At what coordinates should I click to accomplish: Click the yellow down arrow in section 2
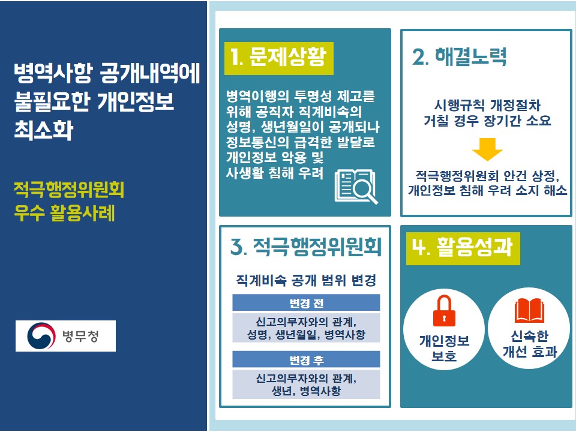[487, 149]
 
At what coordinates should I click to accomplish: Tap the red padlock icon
[444, 311]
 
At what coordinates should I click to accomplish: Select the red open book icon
[529, 310]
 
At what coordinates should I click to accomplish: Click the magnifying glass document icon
[356, 186]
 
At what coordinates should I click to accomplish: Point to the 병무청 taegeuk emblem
[41, 336]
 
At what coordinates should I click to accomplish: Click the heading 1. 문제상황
[278, 58]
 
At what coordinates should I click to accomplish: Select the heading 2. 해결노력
[460, 57]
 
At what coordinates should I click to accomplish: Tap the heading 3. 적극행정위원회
[305, 247]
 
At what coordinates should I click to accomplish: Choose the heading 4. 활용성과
[462, 247]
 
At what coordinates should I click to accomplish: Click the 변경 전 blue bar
[306, 303]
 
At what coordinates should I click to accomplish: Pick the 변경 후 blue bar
[306, 359]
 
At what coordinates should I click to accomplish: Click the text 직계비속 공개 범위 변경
[306, 280]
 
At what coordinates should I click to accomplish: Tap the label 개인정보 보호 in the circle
[444, 348]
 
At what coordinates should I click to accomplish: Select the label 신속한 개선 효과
[530, 344]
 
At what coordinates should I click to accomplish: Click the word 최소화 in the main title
[44, 130]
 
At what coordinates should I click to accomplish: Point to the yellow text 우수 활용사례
[64, 212]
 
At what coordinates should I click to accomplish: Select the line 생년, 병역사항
[306, 391]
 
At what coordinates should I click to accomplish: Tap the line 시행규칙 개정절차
[487, 106]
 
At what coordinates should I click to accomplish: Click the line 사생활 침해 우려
[274, 173]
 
